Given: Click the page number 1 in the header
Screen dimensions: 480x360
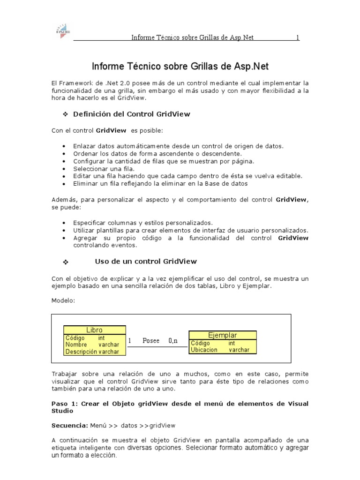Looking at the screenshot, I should pyautogui.click(x=297, y=37).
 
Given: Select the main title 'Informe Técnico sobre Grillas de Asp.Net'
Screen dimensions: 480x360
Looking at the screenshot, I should pyautogui.click(x=180, y=66).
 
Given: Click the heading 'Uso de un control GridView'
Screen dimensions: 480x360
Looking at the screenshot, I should pyautogui.click(x=146, y=261).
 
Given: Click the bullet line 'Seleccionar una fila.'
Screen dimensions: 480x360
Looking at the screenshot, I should pyautogui.click(x=104, y=168).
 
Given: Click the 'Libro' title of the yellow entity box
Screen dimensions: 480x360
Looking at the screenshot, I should pyautogui.click(x=94, y=330).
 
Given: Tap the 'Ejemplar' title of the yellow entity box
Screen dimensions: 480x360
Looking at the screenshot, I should pyautogui.click(x=222, y=335).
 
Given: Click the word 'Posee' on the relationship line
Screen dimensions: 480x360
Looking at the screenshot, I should pyautogui.click(x=151, y=341).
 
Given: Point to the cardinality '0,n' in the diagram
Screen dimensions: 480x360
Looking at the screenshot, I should pyautogui.click(x=173, y=341).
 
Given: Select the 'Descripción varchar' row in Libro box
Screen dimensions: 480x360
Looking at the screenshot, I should pyautogui.click(x=92, y=352).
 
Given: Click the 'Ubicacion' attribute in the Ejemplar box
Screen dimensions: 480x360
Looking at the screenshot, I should pyautogui.click(x=204, y=350).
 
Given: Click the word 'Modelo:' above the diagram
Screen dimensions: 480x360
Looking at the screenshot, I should pyautogui.click(x=63, y=300).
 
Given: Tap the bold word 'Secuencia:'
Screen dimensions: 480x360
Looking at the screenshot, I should pyautogui.click(x=68, y=426).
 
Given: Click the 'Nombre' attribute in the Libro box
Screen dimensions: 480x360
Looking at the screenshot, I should pyautogui.click(x=76, y=345).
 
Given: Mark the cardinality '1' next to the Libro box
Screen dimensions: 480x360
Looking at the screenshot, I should pyautogui.click(x=129, y=341).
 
